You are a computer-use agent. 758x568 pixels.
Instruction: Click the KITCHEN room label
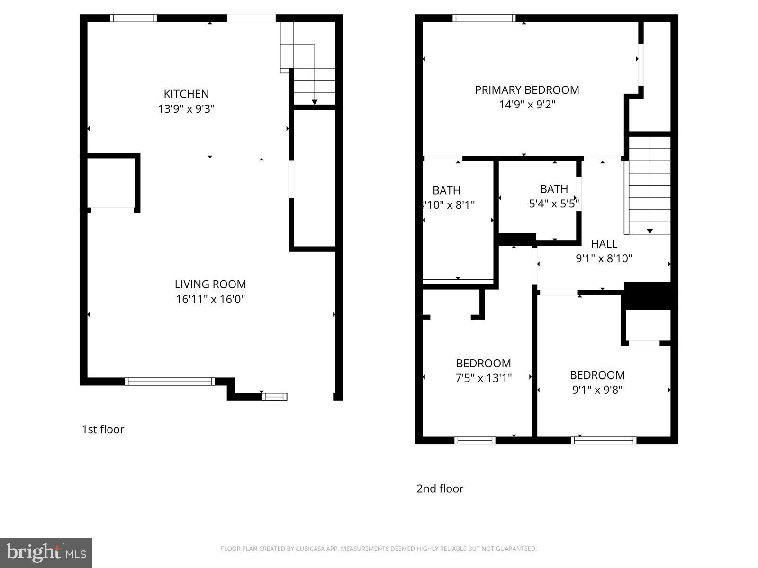point(186,94)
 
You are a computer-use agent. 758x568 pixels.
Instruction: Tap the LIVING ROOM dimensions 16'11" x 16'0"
point(210,299)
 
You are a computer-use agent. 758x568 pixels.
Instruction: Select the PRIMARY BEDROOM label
point(527,90)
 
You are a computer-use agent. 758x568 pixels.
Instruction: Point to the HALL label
point(604,244)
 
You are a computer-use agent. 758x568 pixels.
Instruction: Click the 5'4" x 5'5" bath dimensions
point(554,204)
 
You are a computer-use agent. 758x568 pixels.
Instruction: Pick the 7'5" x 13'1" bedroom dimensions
point(483,378)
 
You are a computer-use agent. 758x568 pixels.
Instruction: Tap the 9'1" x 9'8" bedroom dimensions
point(597,390)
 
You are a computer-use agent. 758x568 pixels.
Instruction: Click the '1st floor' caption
point(103,429)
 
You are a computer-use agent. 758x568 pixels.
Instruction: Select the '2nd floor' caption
point(440,488)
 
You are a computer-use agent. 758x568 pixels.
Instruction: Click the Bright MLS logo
point(46,552)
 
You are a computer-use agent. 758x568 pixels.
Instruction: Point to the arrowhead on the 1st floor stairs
point(315,102)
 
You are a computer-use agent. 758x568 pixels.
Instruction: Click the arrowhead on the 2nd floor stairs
point(650,231)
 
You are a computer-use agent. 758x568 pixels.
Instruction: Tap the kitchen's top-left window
point(133,18)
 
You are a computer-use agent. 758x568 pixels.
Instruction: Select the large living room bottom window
point(170,382)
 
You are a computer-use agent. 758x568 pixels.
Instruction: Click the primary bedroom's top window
point(484,18)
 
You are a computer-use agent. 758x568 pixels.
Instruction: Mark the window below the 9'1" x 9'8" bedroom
point(604,440)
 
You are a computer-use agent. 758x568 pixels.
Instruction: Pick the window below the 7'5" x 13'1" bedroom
point(475,440)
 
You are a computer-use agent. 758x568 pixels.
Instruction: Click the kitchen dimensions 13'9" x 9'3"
point(186,109)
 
